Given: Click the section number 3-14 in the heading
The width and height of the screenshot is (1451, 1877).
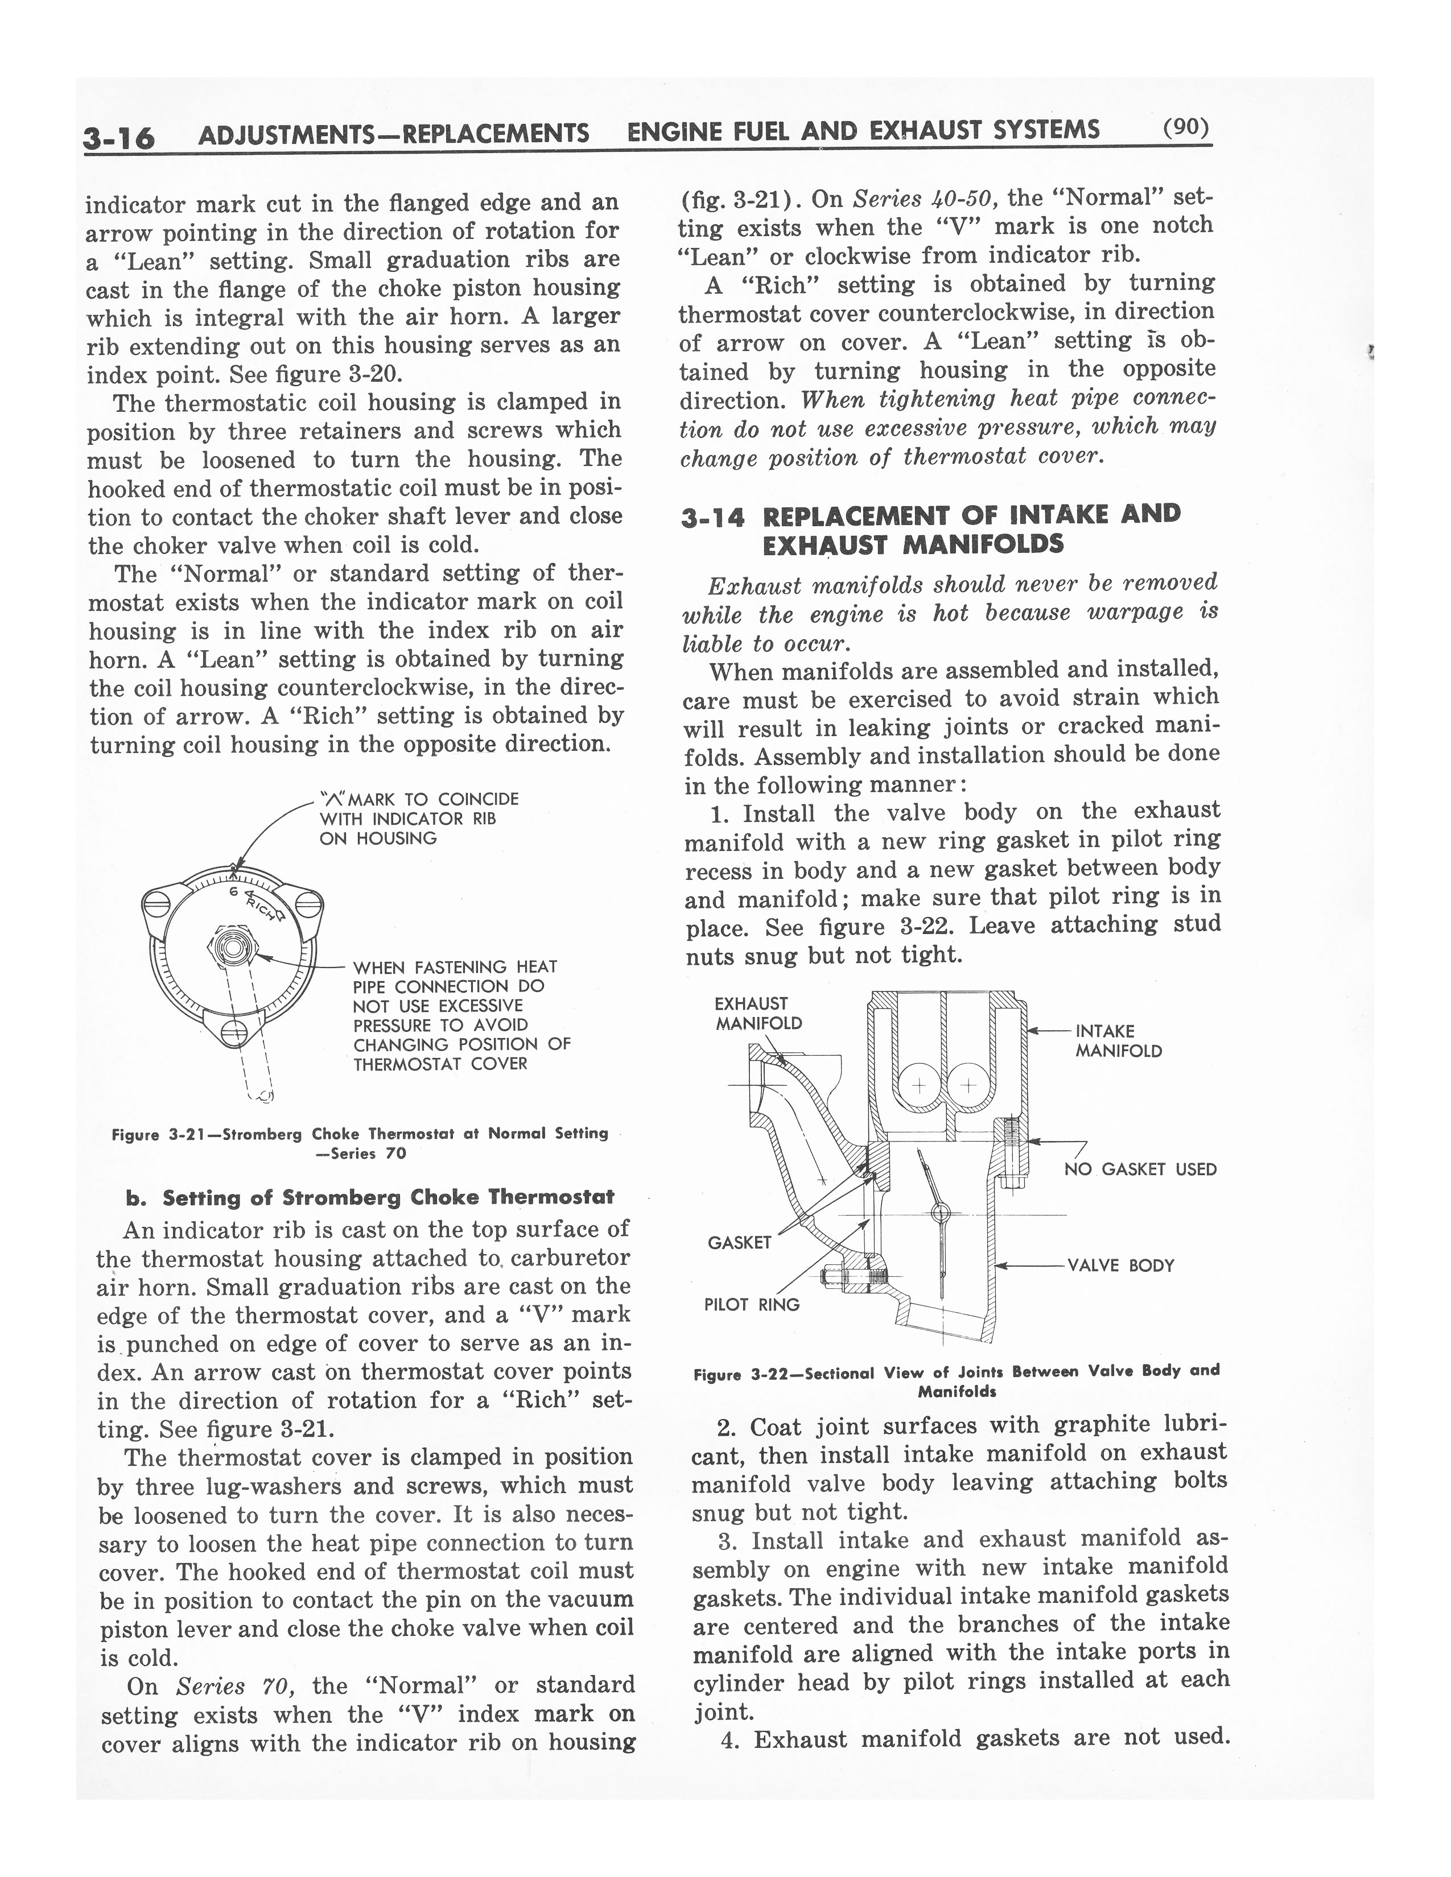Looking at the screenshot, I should pyautogui.click(x=712, y=518).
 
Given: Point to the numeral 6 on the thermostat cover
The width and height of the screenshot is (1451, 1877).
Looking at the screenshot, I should pyautogui.click(x=233, y=891).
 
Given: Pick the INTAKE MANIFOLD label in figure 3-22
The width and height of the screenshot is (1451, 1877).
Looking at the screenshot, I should pyautogui.click(x=1118, y=1041).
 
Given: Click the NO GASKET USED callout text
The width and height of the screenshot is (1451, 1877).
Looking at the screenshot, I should pyautogui.click(x=1140, y=1169).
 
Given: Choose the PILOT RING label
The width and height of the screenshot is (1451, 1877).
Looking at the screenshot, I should pyautogui.click(x=751, y=1305).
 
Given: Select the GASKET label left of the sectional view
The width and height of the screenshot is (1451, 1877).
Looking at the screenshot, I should pyautogui.click(x=739, y=1243).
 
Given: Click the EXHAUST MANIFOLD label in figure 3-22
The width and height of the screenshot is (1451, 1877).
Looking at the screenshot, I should pyautogui.click(x=758, y=1013).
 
